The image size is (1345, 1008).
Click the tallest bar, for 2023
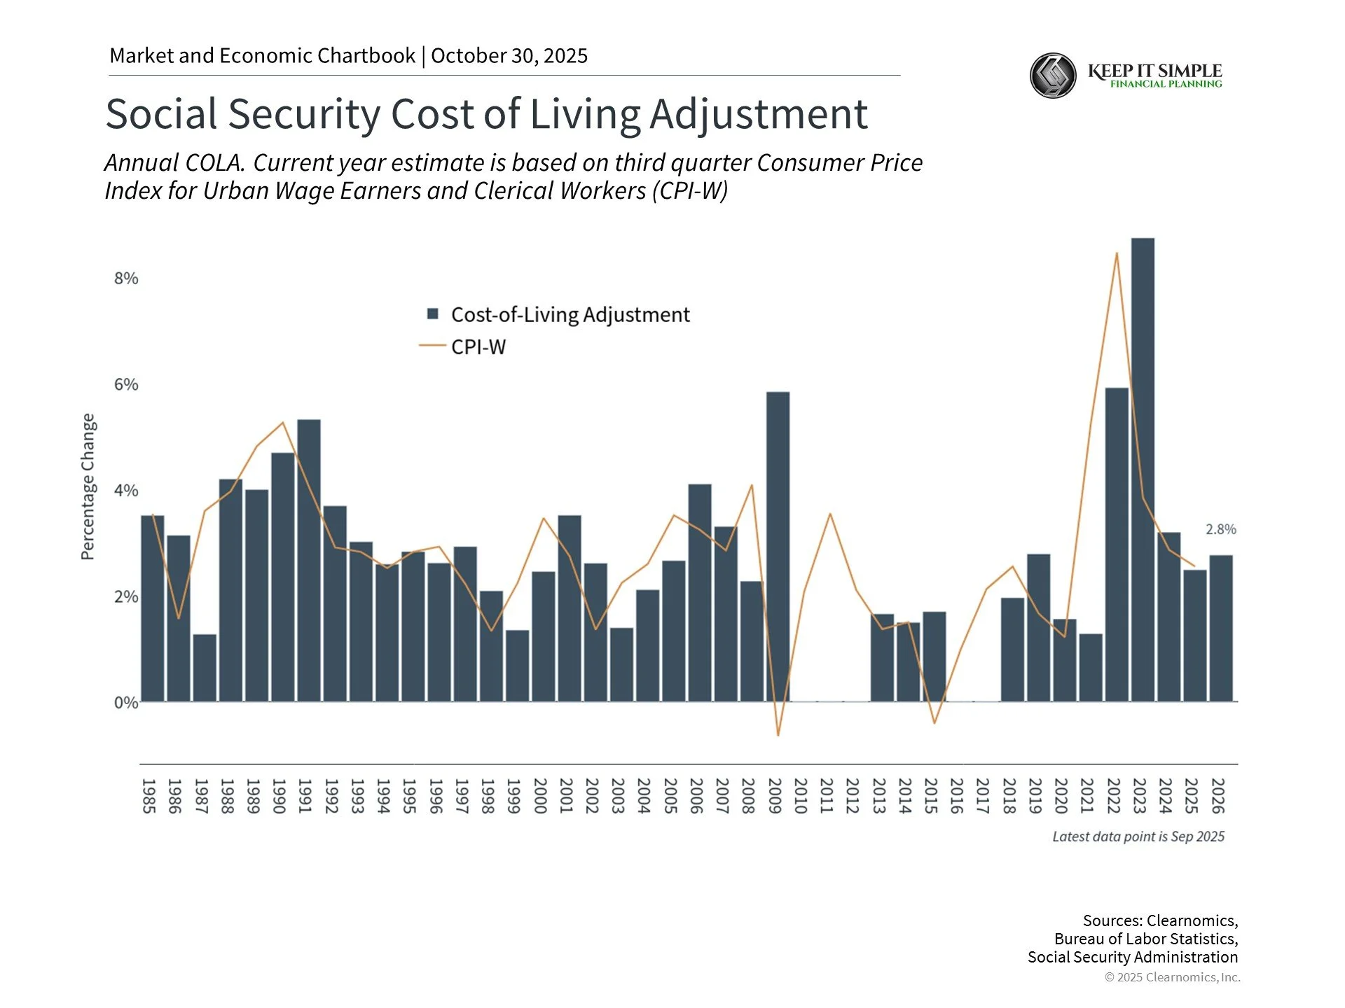coord(1143,469)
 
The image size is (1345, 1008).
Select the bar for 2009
coord(778,546)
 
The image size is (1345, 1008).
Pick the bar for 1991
coord(309,560)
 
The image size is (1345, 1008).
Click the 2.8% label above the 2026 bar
coord(1220,529)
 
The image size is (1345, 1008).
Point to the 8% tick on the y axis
coord(126,279)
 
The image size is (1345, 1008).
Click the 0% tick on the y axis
coord(126,702)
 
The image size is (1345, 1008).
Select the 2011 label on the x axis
coord(827,796)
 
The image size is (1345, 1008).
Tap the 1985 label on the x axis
coord(149,796)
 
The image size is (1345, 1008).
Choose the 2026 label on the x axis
coord(1218,796)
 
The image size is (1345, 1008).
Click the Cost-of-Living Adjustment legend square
coord(433,314)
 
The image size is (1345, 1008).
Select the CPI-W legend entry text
coord(478,346)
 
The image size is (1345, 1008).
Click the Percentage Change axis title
coord(88,486)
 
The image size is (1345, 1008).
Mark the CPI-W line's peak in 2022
coord(1117,253)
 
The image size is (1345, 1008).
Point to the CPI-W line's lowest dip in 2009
coord(778,735)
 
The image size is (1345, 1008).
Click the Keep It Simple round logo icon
coord(1053,76)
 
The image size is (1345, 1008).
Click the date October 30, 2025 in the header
coord(509,56)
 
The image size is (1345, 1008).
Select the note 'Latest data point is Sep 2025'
coord(1138,836)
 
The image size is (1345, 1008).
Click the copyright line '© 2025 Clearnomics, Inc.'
coord(1172,977)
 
